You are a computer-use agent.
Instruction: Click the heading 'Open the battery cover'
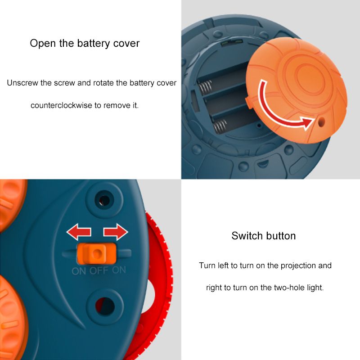coord(85,44)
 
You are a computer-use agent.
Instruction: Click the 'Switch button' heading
coord(264,236)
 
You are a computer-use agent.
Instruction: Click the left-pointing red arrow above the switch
coord(79,232)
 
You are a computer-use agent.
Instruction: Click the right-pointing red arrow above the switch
coord(116,232)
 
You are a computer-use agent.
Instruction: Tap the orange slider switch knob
coord(96,254)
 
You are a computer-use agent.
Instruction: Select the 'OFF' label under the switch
coord(99,271)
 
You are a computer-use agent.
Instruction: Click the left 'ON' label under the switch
coord(79,271)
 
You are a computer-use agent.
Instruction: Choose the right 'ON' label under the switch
coord(119,270)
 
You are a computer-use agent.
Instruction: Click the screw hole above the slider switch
coord(104,199)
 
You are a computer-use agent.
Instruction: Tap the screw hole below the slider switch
coord(105,306)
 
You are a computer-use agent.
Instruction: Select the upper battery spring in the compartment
coord(205,88)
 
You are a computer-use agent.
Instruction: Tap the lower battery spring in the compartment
coord(220,127)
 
